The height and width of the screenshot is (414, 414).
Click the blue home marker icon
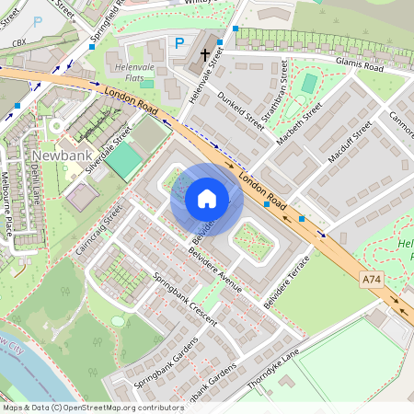(x=207, y=199)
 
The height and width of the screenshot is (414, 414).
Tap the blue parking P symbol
(x=179, y=42)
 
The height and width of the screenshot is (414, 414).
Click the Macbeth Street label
(x=301, y=121)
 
